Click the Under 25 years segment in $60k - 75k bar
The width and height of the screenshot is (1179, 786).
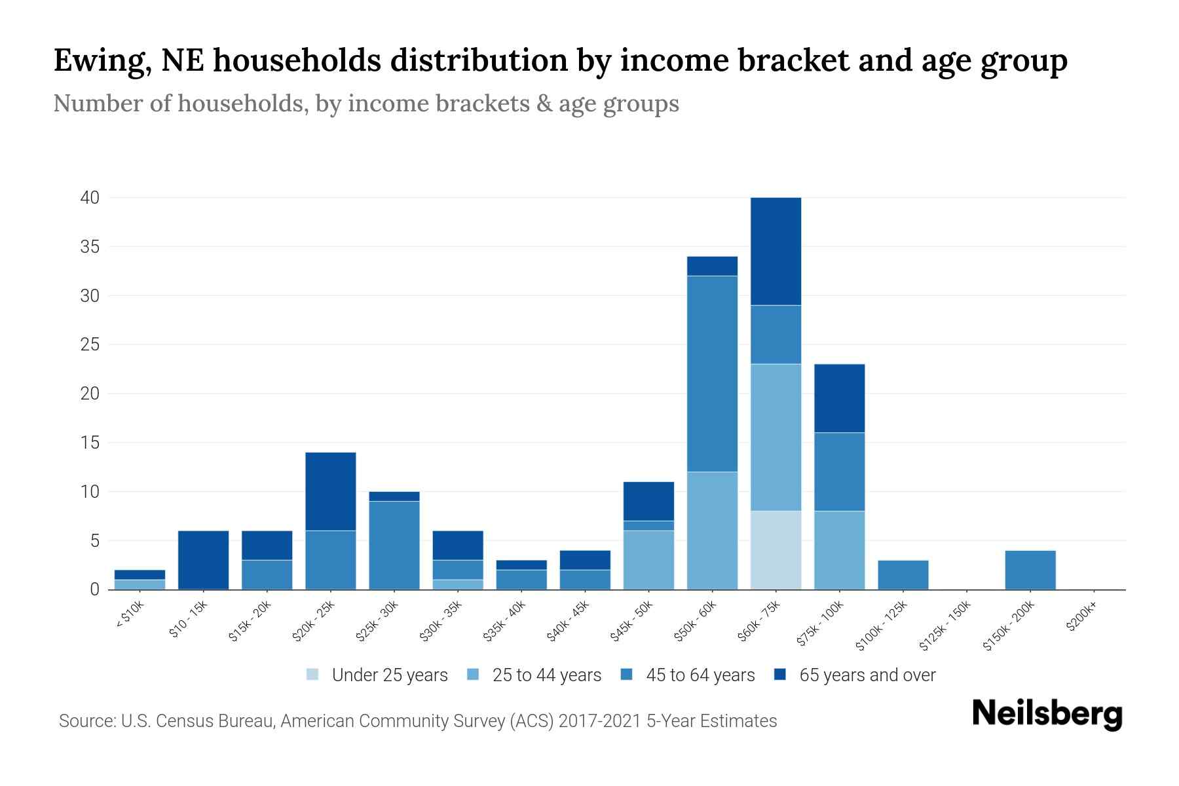coord(776,550)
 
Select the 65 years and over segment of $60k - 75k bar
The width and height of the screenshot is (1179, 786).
coord(776,251)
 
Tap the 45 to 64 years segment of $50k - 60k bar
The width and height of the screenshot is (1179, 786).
coord(712,373)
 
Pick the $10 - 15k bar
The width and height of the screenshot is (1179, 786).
coord(203,560)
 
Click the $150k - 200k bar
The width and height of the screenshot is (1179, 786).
coord(1030,570)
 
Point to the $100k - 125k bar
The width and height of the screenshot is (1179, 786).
coord(903,574)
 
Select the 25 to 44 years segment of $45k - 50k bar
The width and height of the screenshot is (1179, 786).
coord(648,560)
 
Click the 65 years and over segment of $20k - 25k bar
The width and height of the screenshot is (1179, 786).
coord(330,491)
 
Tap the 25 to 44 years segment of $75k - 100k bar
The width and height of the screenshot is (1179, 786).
coord(839,550)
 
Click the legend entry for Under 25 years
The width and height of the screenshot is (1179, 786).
coord(389,675)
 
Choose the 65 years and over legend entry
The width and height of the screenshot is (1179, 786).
coord(867,675)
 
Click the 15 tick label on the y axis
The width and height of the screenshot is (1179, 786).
coord(90,443)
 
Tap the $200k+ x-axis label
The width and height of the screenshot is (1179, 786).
coord(1081,618)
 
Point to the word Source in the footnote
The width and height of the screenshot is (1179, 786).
coord(86,721)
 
